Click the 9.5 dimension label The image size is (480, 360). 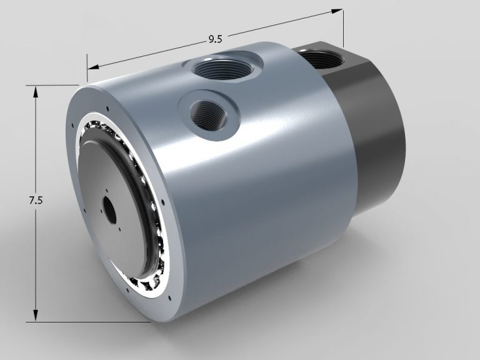point(215,39)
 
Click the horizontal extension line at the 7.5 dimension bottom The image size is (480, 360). point(94,322)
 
